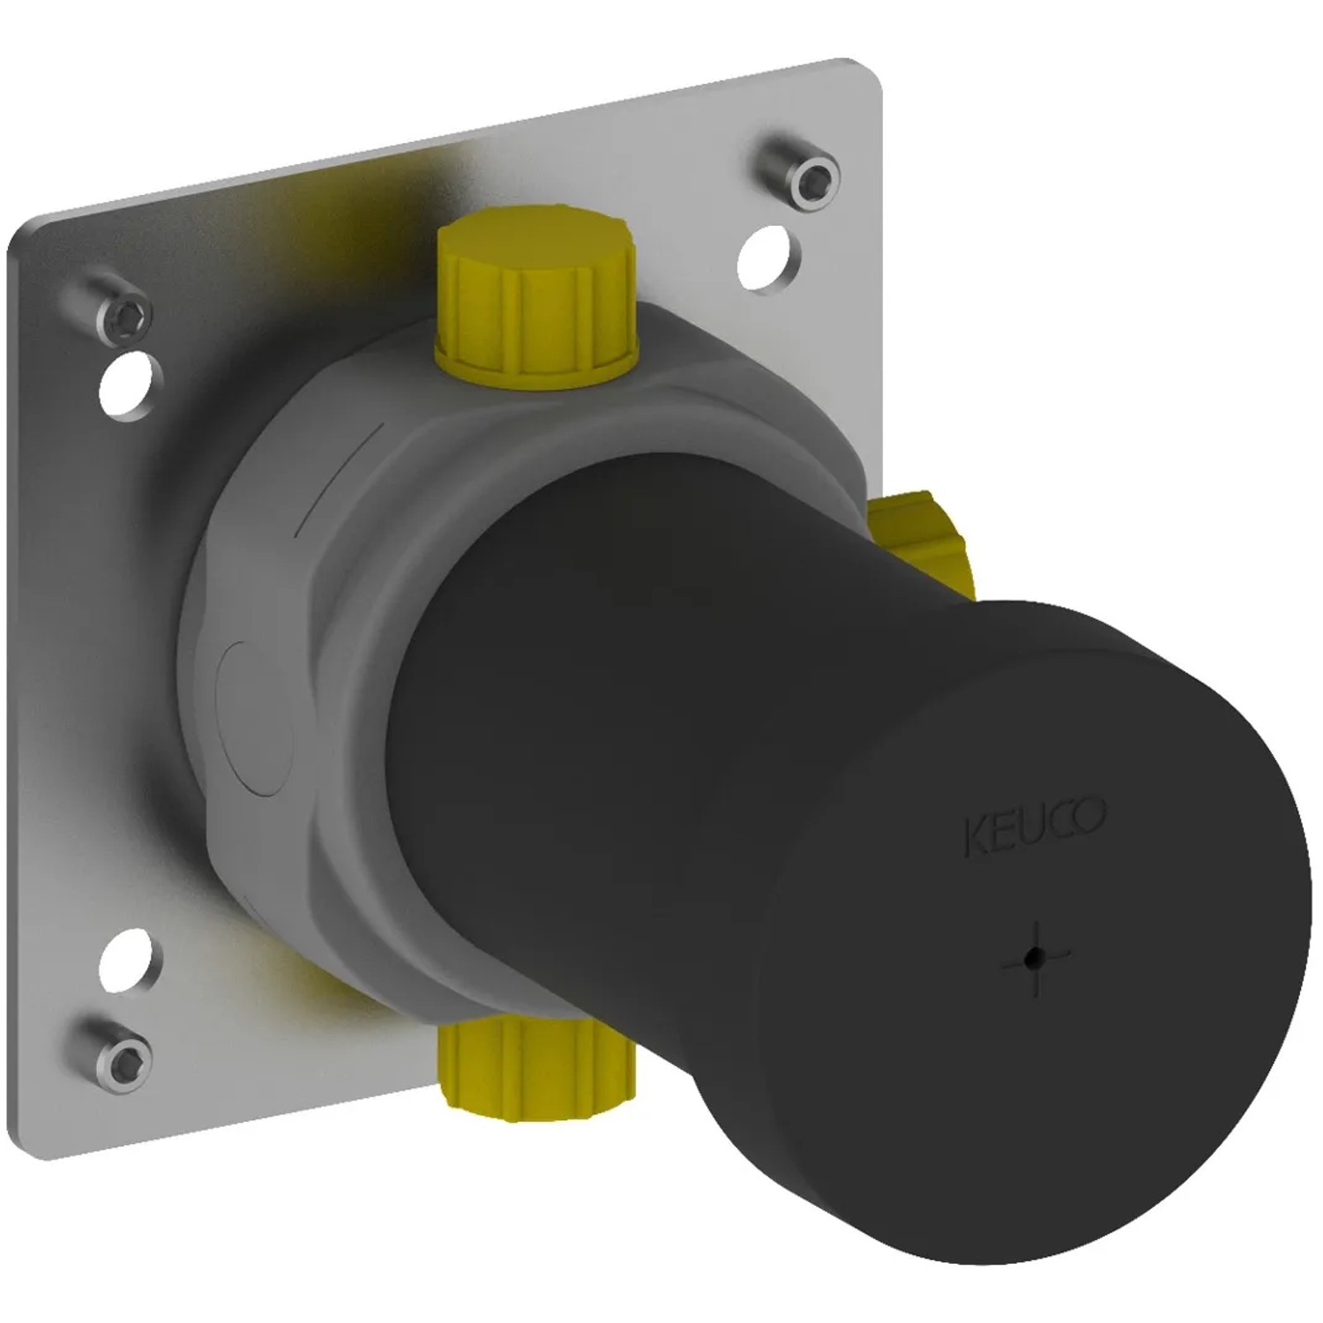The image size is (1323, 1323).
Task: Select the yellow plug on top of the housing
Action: pyautogui.click(x=536, y=297)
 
